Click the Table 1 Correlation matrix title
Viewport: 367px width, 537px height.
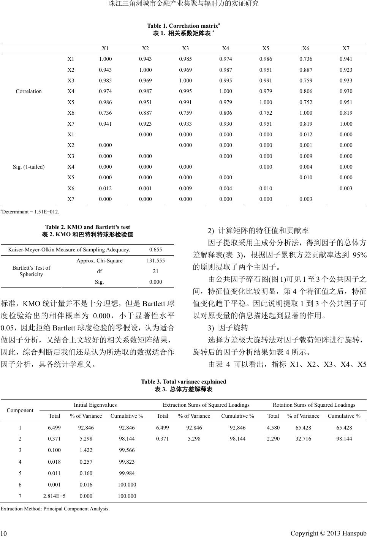click(183, 26)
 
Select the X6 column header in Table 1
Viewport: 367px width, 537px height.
click(306, 48)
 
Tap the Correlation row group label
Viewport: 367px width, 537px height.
click(29, 91)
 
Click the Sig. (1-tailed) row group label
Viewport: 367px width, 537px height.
click(29, 167)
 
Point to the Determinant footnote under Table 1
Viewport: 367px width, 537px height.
click(30, 211)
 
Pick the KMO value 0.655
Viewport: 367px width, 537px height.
click(155, 250)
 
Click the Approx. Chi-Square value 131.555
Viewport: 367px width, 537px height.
click(155, 261)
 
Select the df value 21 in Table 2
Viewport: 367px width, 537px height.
click(155, 271)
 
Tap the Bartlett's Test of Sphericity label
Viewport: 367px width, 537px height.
click(31, 271)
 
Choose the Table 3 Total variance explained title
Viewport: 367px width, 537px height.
click(183, 382)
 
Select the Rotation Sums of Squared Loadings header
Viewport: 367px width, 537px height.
click(314, 405)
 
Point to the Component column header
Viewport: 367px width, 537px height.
click(20, 410)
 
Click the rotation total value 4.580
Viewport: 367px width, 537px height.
click(273, 428)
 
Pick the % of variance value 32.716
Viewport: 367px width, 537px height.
click(303, 439)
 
